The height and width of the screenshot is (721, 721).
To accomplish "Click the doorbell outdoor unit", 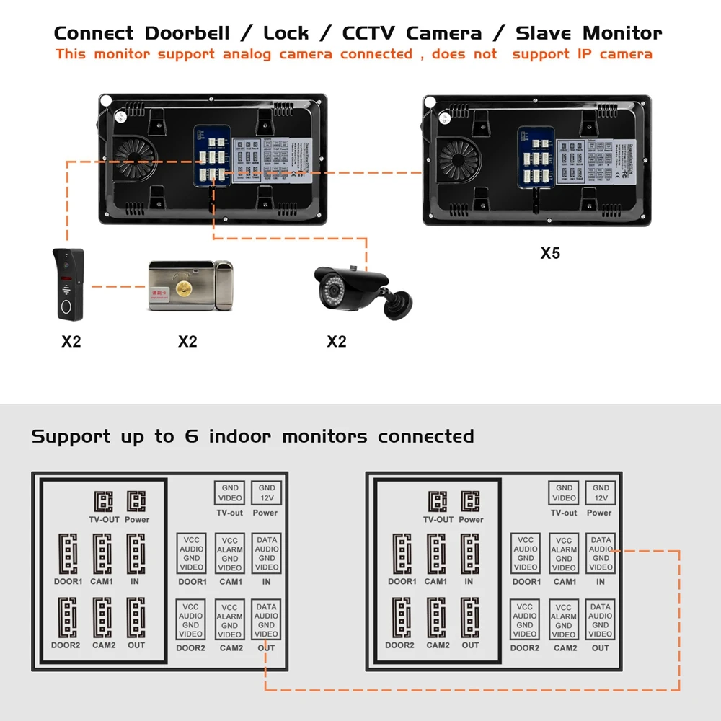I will click(70, 285).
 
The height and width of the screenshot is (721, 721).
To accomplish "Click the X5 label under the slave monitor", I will click(550, 254).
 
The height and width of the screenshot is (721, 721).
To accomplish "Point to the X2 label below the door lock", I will click(187, 341).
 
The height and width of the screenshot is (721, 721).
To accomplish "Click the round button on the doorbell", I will click(69, 305).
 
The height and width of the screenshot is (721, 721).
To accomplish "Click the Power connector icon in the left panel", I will click(136, 502).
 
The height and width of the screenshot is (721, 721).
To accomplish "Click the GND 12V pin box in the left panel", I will click(267, 492).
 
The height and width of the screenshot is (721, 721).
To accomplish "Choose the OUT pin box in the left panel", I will click(266, 620).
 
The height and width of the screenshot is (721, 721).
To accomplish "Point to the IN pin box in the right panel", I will click(601, 554).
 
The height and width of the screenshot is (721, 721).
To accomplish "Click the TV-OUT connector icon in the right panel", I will click(437, 502).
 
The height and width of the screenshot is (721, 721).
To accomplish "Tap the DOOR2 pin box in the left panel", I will click(191, 620).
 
